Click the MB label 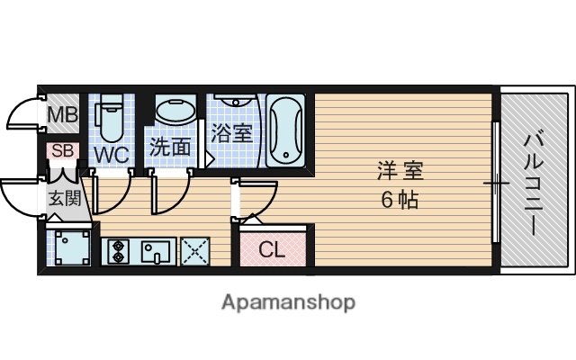coord(62,115)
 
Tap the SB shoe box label coord(61,150)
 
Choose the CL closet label coord(272,250)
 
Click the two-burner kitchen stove coord(117,249)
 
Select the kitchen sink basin coord(155,250)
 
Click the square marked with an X coord(194,250)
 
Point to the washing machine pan coord(69,247)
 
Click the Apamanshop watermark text coord(288,301)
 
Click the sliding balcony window coord(496,183)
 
